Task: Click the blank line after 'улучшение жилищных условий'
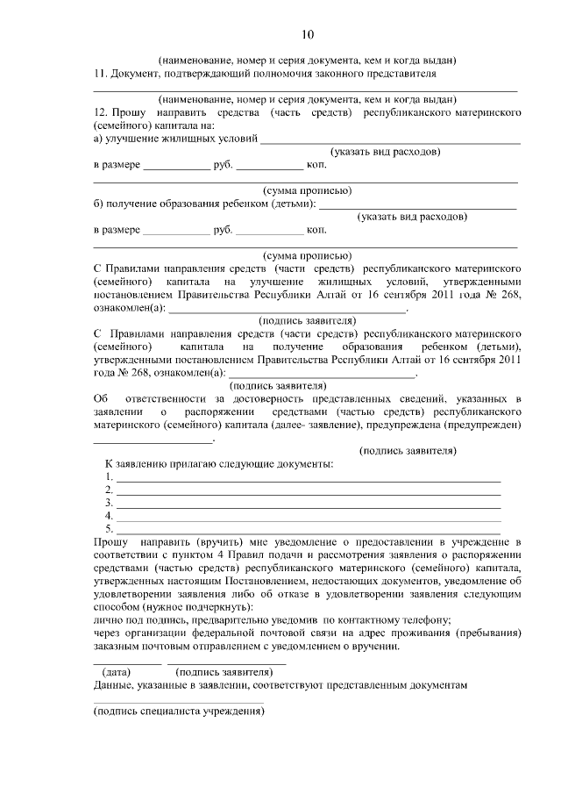(391, 141)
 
